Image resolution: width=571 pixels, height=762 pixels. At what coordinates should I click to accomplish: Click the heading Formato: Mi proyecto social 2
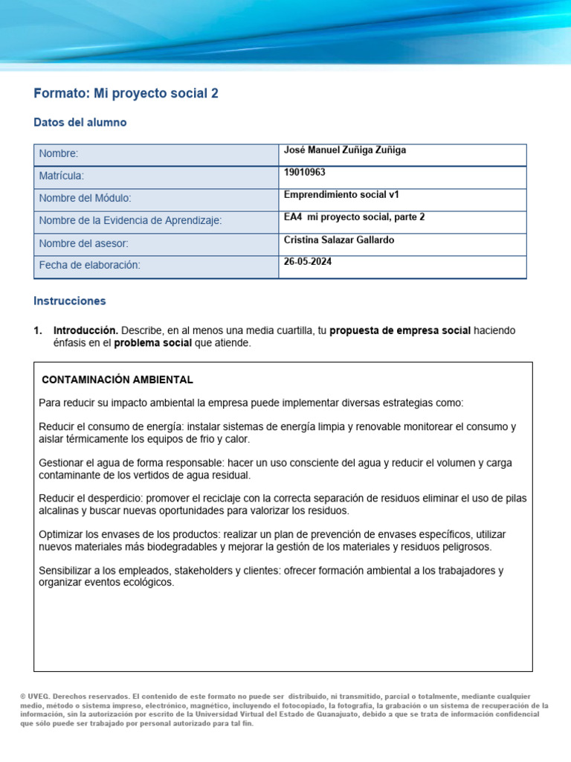point(126,94)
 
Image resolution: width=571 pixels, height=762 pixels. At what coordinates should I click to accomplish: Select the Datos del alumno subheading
point(80,123)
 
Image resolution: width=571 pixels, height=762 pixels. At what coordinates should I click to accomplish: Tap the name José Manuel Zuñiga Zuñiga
point(345,150)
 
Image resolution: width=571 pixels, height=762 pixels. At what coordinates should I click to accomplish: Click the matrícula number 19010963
point(305,173)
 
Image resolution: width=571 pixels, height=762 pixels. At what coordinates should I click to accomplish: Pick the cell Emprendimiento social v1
point(341,195)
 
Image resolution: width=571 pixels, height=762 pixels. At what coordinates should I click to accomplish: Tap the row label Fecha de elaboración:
point(89,266)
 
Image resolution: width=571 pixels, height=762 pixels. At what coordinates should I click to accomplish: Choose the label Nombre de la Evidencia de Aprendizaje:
point(130,221)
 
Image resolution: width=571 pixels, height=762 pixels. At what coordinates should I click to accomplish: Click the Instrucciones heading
point(70,301)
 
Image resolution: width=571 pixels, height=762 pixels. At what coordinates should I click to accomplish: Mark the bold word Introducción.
point(86,330)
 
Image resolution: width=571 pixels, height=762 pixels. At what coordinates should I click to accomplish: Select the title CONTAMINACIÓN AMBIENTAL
point(117,380)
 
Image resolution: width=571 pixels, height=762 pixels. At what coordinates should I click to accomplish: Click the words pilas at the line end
point(514,499)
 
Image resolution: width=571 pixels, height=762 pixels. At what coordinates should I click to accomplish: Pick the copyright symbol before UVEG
point(24,697)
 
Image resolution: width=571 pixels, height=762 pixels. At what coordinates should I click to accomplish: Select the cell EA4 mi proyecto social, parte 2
point(354,217)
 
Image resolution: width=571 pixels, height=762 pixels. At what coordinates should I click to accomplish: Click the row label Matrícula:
point(62,176)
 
